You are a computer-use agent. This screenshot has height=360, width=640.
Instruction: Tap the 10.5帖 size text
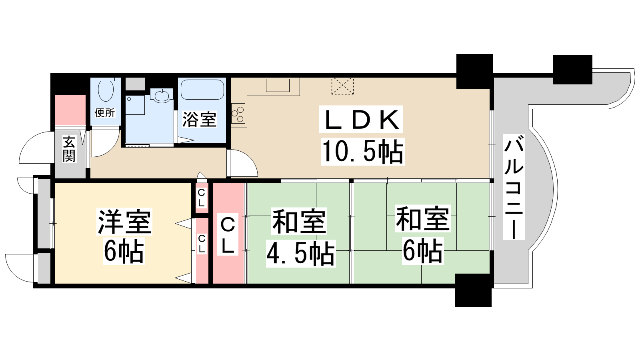click(362, 152)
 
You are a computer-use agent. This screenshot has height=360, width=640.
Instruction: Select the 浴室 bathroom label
click(199, 119)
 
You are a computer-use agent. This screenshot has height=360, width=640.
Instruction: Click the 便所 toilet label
click(105, 112)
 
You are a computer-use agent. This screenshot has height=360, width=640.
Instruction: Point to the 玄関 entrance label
click(69, 149)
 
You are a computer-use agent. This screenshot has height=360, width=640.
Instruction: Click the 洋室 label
click(124, 222)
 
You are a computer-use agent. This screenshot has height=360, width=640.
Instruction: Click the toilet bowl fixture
click(106, 89)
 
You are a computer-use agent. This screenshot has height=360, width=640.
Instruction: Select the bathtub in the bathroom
click(202, 89)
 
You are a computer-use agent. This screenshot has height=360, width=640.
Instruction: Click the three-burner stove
click(238, 114)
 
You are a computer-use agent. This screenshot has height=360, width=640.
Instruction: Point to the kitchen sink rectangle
click(278, 86)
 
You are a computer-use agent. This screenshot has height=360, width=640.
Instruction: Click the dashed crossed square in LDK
click(342, 86)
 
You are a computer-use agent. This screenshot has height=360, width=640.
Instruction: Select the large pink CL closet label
click(228, 236)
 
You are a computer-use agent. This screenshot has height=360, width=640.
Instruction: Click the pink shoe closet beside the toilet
click(70, 110)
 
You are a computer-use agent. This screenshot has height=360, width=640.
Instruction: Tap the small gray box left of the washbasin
click(136, 84)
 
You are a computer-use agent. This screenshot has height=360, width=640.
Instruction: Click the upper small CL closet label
click(201, 198)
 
